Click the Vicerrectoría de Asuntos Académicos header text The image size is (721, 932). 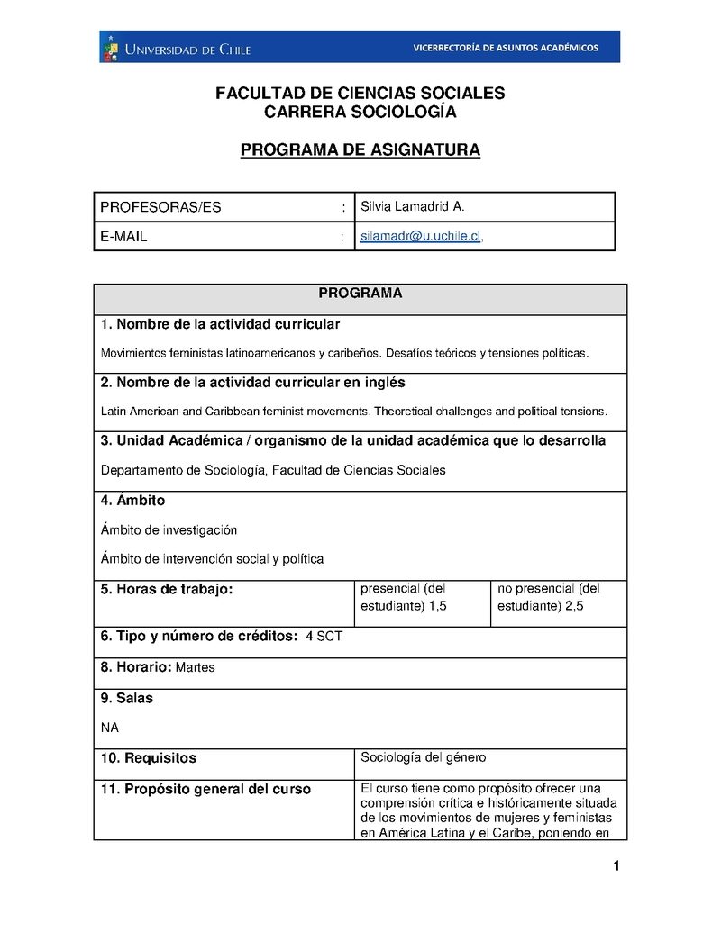point(505,48)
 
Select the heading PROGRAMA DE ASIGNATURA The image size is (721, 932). point(360,149)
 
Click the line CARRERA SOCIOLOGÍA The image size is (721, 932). point(360,113)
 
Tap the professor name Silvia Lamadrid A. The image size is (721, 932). point(412,206)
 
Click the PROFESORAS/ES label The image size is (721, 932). point(160,207)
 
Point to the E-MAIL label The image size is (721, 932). point(123,237)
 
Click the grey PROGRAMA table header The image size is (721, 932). point(360,294)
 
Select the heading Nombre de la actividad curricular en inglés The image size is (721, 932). point(252,382)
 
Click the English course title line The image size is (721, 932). point(354,411)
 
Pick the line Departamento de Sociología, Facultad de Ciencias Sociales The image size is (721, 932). point(273,469)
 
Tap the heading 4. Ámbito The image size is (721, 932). point(132,500)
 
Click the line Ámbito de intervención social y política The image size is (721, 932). point(212,558)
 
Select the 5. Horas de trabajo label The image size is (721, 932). point(167,589)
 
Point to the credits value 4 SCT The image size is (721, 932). point(324,637)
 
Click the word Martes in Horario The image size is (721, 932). point(196,667)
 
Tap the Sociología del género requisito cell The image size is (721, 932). point(423,756)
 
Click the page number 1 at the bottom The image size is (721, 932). point(616,867)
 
